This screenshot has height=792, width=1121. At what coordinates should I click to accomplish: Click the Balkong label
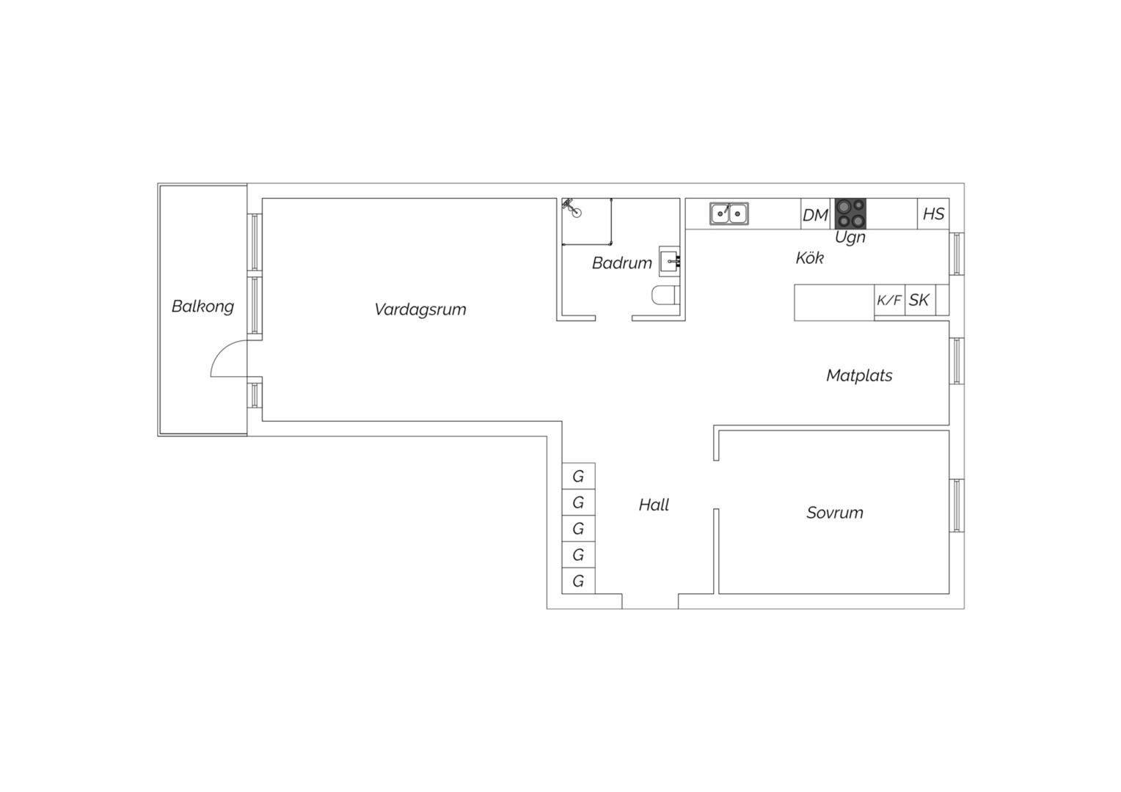tap(202, 307)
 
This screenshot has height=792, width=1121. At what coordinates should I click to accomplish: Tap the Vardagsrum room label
tap(420, 309)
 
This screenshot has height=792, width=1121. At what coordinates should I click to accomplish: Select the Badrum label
tap(621, 263)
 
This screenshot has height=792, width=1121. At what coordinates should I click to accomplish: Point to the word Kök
tap(809, 257)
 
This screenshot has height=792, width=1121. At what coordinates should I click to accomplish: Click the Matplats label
tap(859, 375)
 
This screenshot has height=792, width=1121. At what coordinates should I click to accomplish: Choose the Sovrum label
tap(835, 513)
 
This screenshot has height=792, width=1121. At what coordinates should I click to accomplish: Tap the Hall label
tap(654, 505)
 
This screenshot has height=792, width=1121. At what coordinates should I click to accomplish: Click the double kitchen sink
tap(729, 213)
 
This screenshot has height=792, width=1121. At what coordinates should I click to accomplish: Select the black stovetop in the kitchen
tap(850, 213)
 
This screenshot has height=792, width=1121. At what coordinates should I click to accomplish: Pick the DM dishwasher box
tap(815, 214)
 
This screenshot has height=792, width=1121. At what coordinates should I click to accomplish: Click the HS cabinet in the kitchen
tap(933, 213)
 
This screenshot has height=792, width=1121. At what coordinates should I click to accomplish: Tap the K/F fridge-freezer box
tap(889, 300)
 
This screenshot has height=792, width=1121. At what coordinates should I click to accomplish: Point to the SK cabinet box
tap(920, 300)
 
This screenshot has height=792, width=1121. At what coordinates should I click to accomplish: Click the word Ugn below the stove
tap(850, 237)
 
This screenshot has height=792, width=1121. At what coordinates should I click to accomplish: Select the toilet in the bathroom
tap(665, 296)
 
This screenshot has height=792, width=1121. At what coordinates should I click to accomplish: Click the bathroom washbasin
tap(670, 261)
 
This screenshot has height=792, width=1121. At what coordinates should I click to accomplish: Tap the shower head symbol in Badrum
tap(572, 208)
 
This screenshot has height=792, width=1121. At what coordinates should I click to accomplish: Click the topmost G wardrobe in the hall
tap(578, 476)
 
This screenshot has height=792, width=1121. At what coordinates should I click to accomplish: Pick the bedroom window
tap(957, 505)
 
